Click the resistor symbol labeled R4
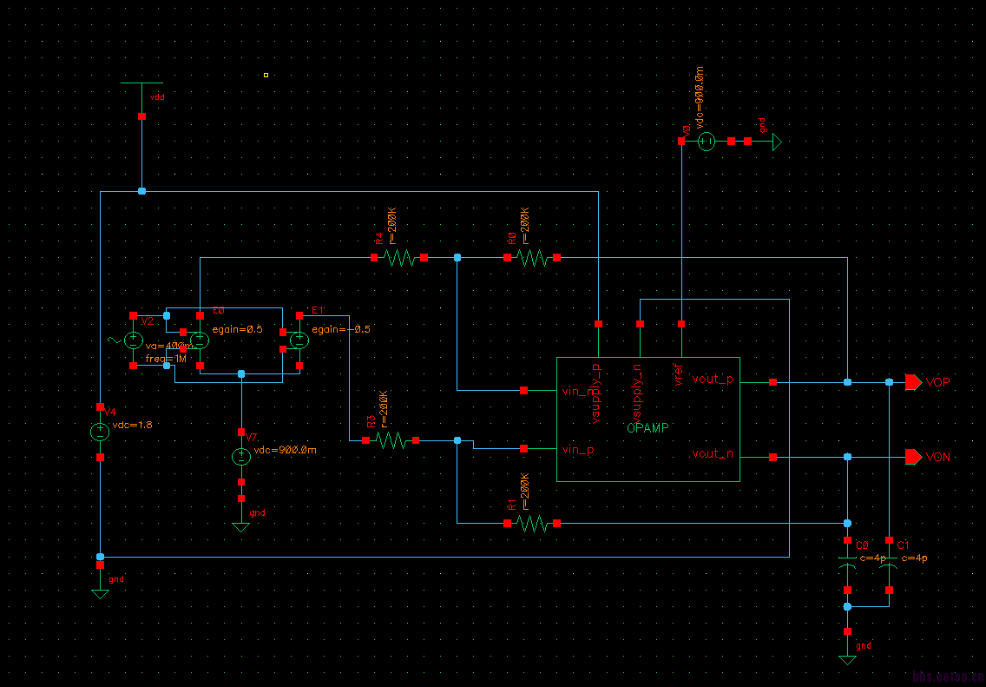click(399, 258)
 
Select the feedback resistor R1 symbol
click(531, 523)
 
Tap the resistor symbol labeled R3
click(391, 440)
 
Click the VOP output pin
click(913, 382)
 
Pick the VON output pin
click(913, 457)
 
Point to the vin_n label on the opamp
click(579, 392)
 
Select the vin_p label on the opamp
click(579, 450)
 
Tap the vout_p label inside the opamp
click(712, 379)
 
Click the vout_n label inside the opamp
click(712, 453)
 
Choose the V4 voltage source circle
click(101, 432)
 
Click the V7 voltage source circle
click(241, 457)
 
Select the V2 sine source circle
click(134, 340)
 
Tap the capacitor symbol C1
click(889, 568)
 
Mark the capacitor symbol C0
click(847, 568)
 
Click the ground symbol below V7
click(241, 526)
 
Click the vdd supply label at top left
click(157, 97)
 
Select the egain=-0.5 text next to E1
click(341, 329)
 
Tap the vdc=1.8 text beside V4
click(133, 426)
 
